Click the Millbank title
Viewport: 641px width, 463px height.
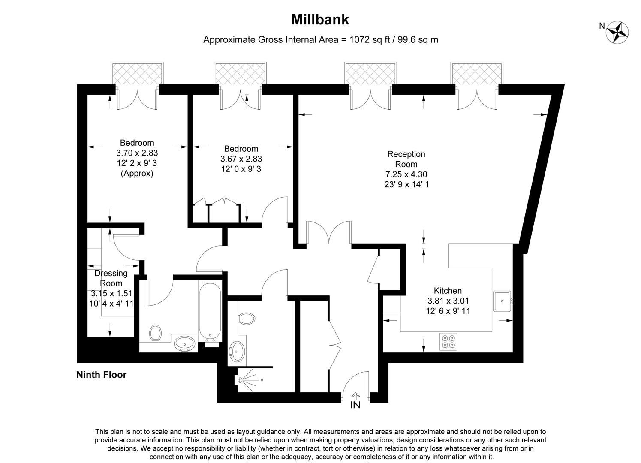(x=320, y=20)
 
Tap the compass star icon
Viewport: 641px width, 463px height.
(x=617, y=32)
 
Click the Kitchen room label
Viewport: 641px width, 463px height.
(x=448, y=291)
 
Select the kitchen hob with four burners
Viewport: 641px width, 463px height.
(x=448, y=341)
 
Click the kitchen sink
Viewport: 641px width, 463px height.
(x=501, y=301)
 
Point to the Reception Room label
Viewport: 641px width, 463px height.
(x=406, y=159)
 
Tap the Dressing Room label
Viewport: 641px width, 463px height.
(x=111, y=278)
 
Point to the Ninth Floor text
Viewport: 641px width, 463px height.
(x=102, y=375)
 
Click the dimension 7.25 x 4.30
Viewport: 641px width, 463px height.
(x=406, y=174)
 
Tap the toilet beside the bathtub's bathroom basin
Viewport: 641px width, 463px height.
(x=156, y=333)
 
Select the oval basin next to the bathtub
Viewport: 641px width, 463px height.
(x=185, y=343)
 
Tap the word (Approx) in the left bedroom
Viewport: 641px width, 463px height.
(x=137, y=174)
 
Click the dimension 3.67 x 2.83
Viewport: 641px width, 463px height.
(x=241, y=159)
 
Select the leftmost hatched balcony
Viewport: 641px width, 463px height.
(x=137, y=74)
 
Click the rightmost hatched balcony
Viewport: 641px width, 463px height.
(x=477, y=74)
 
